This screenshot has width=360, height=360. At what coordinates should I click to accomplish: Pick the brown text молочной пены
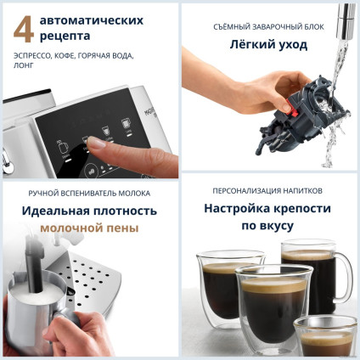89,228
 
